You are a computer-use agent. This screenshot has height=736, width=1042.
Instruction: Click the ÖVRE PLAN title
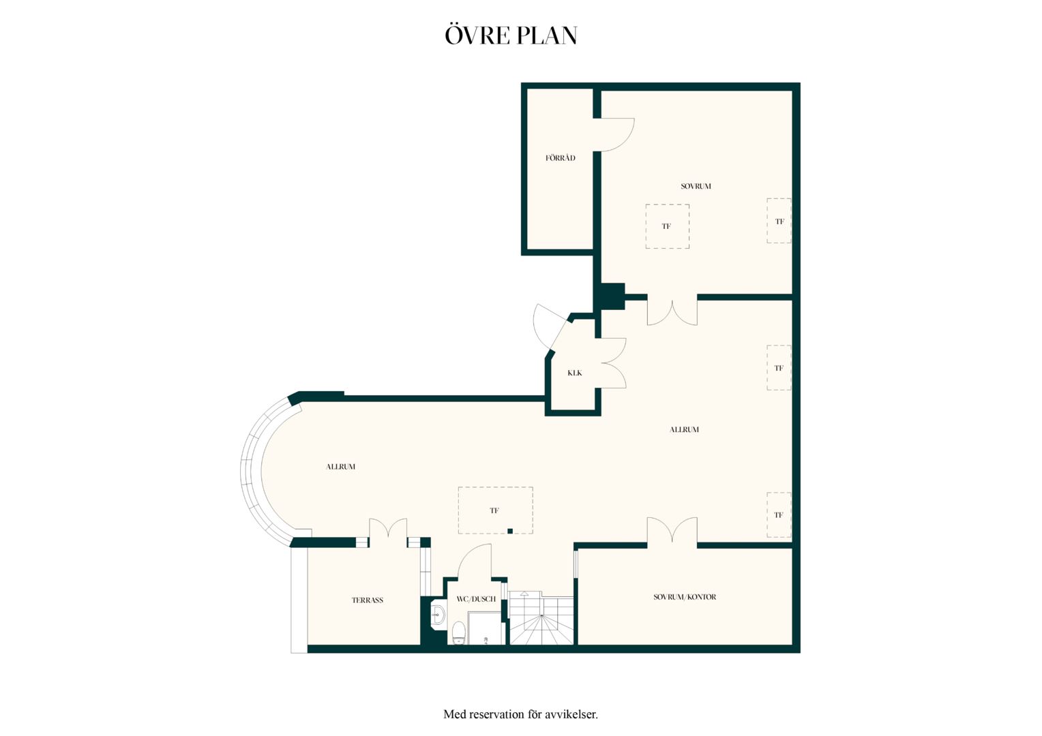click(x=511, y=36)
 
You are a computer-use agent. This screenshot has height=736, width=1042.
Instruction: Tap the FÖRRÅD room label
click(x=560, y=158)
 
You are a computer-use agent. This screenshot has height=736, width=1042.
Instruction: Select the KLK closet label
click(x=574, y=373)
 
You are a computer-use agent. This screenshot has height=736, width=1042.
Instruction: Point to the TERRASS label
click(x=367, y=600)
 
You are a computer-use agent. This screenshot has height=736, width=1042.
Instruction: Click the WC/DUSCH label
click(x=476, y=599)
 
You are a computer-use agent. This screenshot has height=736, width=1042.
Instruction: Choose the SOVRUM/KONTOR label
click(x=685, y=597)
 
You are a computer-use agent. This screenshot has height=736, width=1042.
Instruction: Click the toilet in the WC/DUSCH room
click(x=459, y=633)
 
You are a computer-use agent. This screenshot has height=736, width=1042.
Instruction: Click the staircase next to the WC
click(x=541, y=618)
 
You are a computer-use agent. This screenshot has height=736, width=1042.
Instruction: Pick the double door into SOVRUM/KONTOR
click(x=672, y=530)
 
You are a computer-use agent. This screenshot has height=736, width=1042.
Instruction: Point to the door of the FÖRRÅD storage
click(x=614, y=135)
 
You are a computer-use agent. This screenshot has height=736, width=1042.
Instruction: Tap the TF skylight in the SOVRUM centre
click(x=667, y=226)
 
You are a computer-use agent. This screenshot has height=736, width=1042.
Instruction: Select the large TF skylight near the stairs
click(x=495, y=510)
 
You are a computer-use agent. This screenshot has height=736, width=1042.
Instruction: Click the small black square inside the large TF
click(x=510, y=531)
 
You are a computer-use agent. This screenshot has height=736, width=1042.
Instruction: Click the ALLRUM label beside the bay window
click(x=340, y=467)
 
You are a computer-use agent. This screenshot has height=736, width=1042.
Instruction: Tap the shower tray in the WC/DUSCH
click(x=486, y=628)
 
